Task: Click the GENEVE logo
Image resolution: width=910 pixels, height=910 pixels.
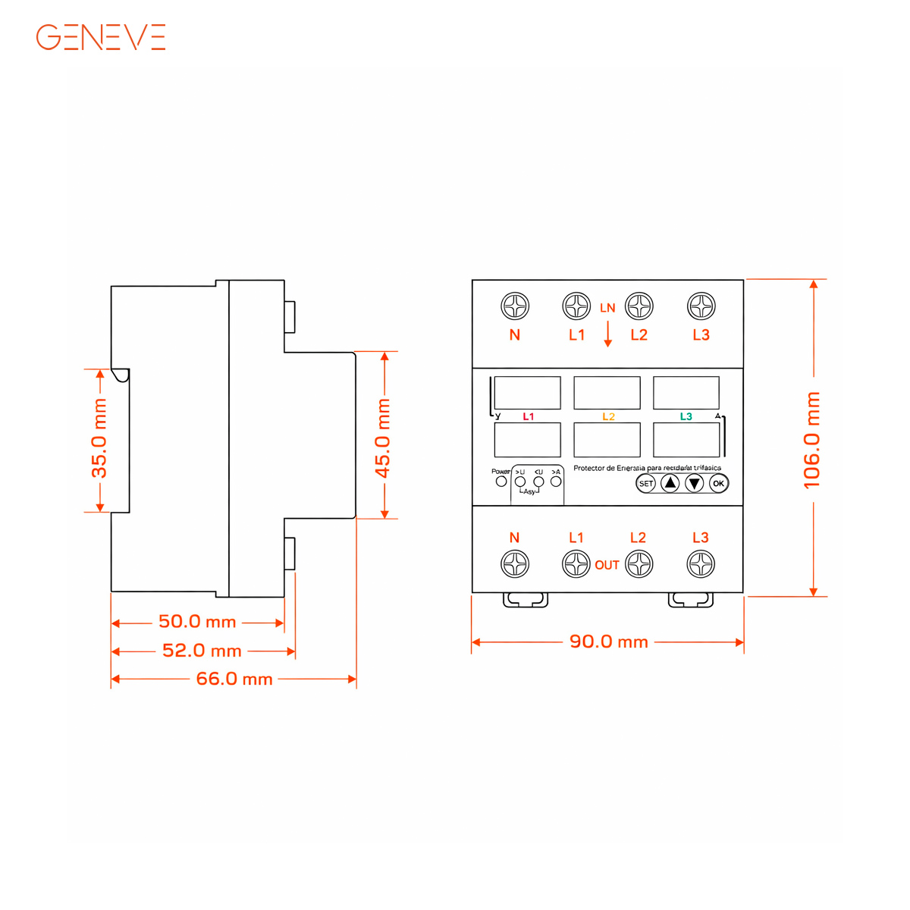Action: pos(101,37)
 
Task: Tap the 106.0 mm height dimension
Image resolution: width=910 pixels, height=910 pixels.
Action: pos(812,440)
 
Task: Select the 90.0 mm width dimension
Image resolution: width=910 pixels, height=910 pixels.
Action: pos(608,642)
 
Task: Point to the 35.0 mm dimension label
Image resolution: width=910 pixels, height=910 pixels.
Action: pos(99,439)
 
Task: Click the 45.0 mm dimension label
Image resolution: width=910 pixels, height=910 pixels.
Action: pos(384,438)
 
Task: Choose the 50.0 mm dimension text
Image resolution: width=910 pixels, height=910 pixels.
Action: pos(197,622)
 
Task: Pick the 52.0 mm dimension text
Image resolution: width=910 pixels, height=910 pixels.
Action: pos(202,651)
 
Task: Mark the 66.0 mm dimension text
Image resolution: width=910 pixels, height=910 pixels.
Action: pos(234,679)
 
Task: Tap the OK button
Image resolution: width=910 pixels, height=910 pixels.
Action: pos(718,483)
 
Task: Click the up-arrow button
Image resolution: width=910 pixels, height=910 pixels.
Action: pos(670,483)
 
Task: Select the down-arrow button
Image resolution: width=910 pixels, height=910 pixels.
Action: pos(695,483)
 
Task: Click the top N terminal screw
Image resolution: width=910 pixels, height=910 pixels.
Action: pos(515,306)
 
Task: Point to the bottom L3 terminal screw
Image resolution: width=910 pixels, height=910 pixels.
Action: pos(701,564)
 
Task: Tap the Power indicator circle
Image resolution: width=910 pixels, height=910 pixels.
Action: pos(501,481)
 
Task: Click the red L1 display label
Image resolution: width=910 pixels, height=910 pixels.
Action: pos(529,416)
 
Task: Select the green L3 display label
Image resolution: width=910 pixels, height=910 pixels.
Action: pos(686,416)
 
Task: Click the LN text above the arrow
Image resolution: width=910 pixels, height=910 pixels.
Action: pos(607,308)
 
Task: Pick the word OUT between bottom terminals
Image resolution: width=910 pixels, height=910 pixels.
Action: pos(607,565)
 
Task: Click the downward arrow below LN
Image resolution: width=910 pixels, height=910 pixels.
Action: pos(607,334)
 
